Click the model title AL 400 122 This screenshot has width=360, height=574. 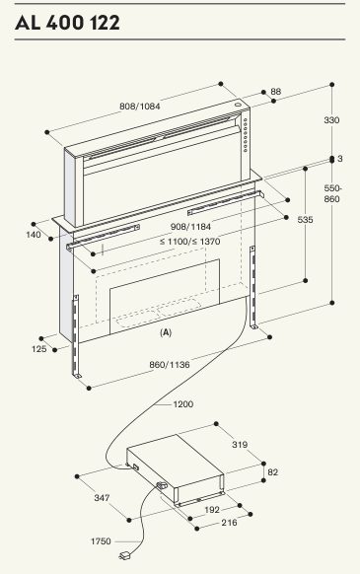67,23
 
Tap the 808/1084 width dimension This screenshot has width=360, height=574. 140,107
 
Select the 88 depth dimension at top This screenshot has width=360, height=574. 276,91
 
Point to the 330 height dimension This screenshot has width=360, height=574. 331,120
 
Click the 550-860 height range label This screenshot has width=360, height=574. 331,193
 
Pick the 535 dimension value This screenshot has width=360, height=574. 305,220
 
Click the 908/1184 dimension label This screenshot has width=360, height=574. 190,227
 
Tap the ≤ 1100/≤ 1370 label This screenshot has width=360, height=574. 190,242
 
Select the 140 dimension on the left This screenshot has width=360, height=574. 34,235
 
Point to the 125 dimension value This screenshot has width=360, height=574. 39,349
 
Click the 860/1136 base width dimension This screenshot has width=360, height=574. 170,365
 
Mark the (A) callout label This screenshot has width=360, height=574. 166,332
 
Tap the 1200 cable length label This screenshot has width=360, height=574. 183,404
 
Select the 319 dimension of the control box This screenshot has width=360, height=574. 240,445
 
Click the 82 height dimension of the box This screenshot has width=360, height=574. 273,472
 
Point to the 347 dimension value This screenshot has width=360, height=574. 102,498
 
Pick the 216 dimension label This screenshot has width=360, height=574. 229,523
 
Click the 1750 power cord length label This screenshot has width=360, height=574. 101,541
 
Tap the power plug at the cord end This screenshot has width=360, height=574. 124,556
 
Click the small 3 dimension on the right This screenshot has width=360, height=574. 340,159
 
